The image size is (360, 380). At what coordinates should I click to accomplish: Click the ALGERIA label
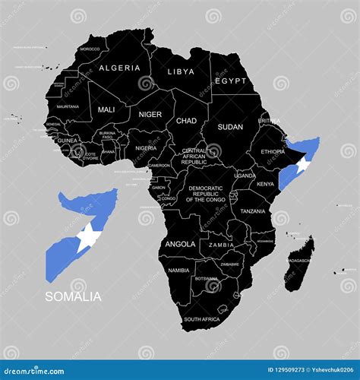(121, 67)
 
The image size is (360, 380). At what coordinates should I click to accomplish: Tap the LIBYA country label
(180, 71)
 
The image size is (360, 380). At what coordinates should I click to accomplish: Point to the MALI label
(107, 109)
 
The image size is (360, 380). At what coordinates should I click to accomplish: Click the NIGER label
(150, 115)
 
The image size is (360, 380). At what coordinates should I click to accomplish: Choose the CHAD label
(187, 120)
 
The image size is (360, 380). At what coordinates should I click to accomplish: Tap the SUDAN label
(229, 127)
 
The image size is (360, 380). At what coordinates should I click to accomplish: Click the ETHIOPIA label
(273, 151)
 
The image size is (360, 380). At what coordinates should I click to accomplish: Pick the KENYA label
(265, 184)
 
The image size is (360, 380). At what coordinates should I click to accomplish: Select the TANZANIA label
(253, 211)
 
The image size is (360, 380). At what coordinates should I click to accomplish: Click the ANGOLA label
(180, 245)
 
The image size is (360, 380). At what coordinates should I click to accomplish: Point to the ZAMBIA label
(221, 245)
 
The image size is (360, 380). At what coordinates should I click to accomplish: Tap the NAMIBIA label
(178, 270)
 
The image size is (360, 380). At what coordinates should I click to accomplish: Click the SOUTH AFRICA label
(201, 319)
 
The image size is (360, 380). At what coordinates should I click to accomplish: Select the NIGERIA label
(146, 148)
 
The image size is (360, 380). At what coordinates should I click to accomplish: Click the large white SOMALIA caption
(73, 297)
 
